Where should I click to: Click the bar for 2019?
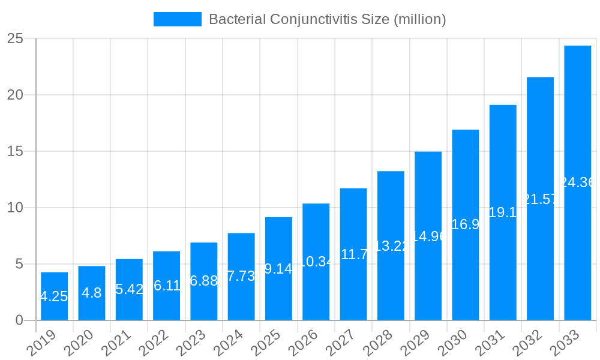point(54,296)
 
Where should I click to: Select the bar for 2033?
point(577,182)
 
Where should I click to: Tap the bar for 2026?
point(316,262)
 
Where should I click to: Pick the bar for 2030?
point(465,224)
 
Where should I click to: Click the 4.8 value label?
point(91,293)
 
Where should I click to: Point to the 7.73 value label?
point(241,276)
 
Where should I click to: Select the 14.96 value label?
point(428,236)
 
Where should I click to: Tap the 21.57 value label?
point(540,199)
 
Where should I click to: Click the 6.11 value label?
point(166,286)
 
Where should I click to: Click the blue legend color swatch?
point(177,19)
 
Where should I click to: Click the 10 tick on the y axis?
point(16,208)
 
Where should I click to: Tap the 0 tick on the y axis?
point(19,320)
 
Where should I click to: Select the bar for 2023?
point(203,281)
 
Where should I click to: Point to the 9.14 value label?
point(278,268)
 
